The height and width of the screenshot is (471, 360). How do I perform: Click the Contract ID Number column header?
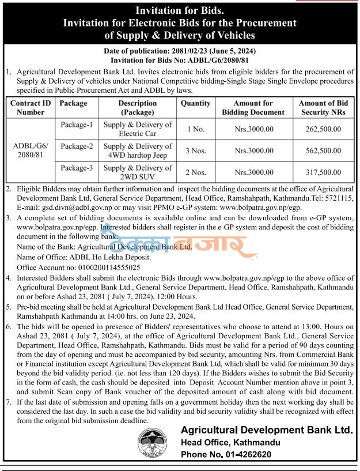[x=31, y=108]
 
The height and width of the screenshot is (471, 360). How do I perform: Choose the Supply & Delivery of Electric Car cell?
[x=138, y=129]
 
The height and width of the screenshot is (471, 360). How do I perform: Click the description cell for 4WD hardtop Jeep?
[x=138, y=150]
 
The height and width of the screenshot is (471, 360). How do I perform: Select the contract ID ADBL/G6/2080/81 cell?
[x=31, y=150]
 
